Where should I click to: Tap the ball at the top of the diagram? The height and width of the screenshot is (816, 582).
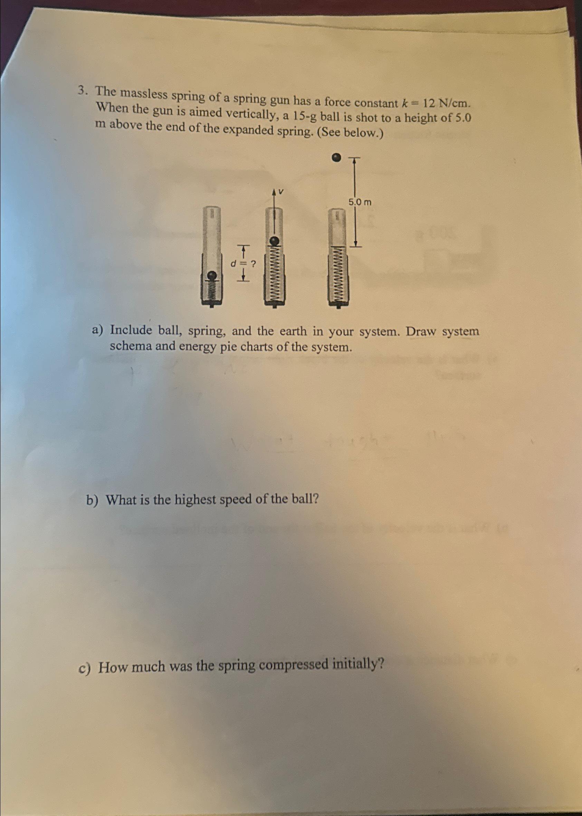335,157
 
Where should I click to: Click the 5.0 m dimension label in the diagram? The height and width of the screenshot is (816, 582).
360,202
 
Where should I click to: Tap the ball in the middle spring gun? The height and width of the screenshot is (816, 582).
274,241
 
